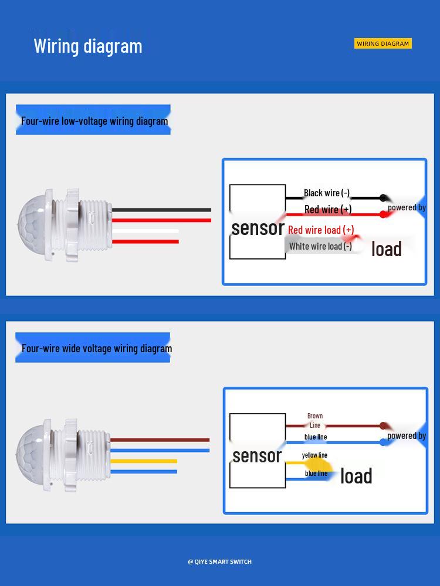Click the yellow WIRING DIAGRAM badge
[383, 43]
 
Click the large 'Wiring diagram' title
[88, 46]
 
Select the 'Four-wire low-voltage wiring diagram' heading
[94, 121]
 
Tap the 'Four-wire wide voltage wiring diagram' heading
[97, 348]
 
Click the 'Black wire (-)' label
[327, 193]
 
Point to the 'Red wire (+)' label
[328, 209]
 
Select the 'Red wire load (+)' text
[321, 230]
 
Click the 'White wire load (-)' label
[320, 246]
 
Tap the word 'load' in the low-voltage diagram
[386, 249]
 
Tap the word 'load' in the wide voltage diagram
[356, 476]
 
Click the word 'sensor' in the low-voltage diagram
[258, 228]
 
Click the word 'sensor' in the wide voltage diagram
[257, 455]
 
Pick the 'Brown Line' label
[315, 420]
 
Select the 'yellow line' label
[314, 455]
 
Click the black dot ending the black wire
[383, 198]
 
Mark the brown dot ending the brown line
[383, 426]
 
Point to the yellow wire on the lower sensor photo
[144, 461]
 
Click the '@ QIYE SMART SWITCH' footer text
[219, 561]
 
